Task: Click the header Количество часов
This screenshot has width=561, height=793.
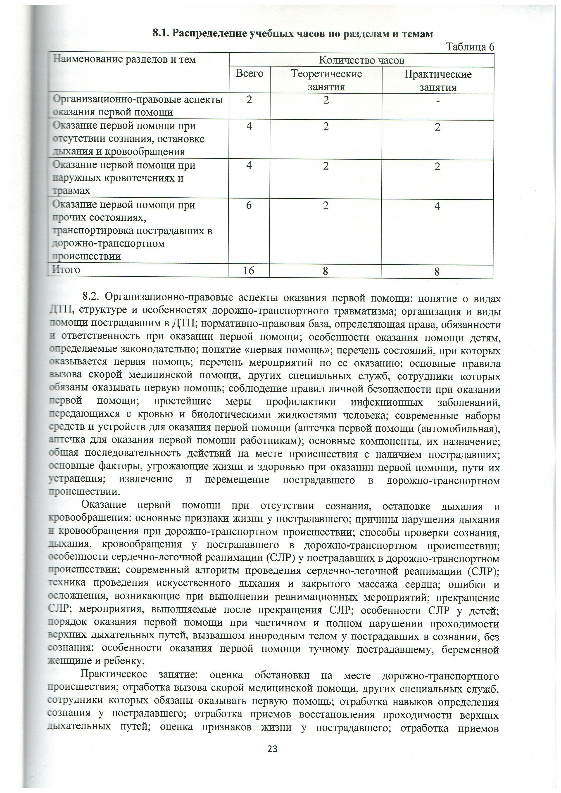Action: coord(361,60)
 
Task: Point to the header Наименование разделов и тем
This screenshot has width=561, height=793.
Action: coord(124,59)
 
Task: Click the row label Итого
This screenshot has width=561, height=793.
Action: coord(66,269)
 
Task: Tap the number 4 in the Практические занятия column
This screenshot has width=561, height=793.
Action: coord(437,206)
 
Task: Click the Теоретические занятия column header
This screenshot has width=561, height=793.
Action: coord(326,80)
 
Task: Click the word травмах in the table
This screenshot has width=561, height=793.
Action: coord(71,191)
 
